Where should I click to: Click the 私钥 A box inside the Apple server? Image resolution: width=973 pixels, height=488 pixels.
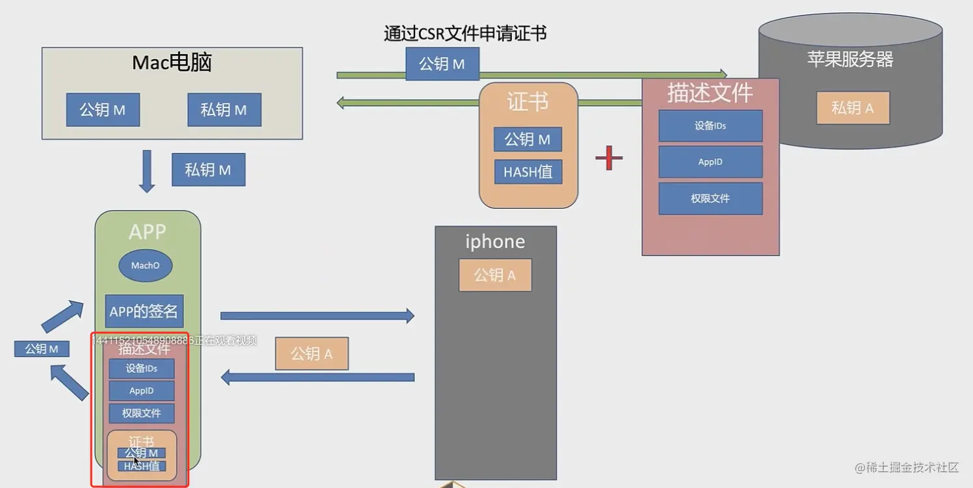pyautogui.click(x=853, y=108)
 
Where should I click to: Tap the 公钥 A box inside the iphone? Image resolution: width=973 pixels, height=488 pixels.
pyautogui.click(x=495, y=275)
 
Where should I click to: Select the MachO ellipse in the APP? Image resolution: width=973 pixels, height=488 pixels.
pyautogui.click(x=145, y=265)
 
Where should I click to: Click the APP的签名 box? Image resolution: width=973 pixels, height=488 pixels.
pyautogui.click(x=144, y=311)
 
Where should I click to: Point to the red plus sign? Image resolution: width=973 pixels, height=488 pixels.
pyautogui.click(x=609, y=157)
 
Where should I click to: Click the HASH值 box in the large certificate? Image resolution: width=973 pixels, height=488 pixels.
pyautogui.click(x=528, y=172)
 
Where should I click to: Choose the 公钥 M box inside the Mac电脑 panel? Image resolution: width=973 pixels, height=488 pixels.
pyautogui.click(x=103, y=109)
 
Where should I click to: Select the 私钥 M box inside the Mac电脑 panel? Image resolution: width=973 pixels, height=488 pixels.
pyautogui.click(x=224, y=109)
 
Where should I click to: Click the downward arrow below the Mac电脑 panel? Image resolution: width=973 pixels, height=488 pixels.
pyautogui.click(x=147, y=171)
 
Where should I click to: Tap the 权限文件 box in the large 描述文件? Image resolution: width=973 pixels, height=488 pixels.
pyautogui.click(x=710, y=198)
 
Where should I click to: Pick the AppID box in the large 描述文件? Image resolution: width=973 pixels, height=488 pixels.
pyautogui.click(x=710, y=162)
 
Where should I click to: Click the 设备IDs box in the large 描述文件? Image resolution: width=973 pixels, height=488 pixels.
pyautogui.click(x=710, y=126)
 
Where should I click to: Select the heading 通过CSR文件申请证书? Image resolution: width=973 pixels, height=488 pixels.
pyautogui.click(x=465, y=33)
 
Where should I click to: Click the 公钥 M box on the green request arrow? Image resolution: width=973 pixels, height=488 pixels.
pyautogui.click(x=442, y=64)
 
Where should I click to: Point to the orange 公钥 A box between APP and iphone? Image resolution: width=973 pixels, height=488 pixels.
pyautogui.click(x=312, y=353)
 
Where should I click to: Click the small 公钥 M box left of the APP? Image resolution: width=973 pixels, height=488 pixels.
pyautogui.click(x=42, y=349)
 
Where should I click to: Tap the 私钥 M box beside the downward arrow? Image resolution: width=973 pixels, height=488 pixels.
pyautogui.click(x=208, y=170)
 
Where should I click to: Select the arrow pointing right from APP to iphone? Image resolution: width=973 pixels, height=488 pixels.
pyautogui.click(x=317, y=316)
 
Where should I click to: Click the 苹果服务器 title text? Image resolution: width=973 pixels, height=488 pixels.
pyautogui.click(x=850, y=59)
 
